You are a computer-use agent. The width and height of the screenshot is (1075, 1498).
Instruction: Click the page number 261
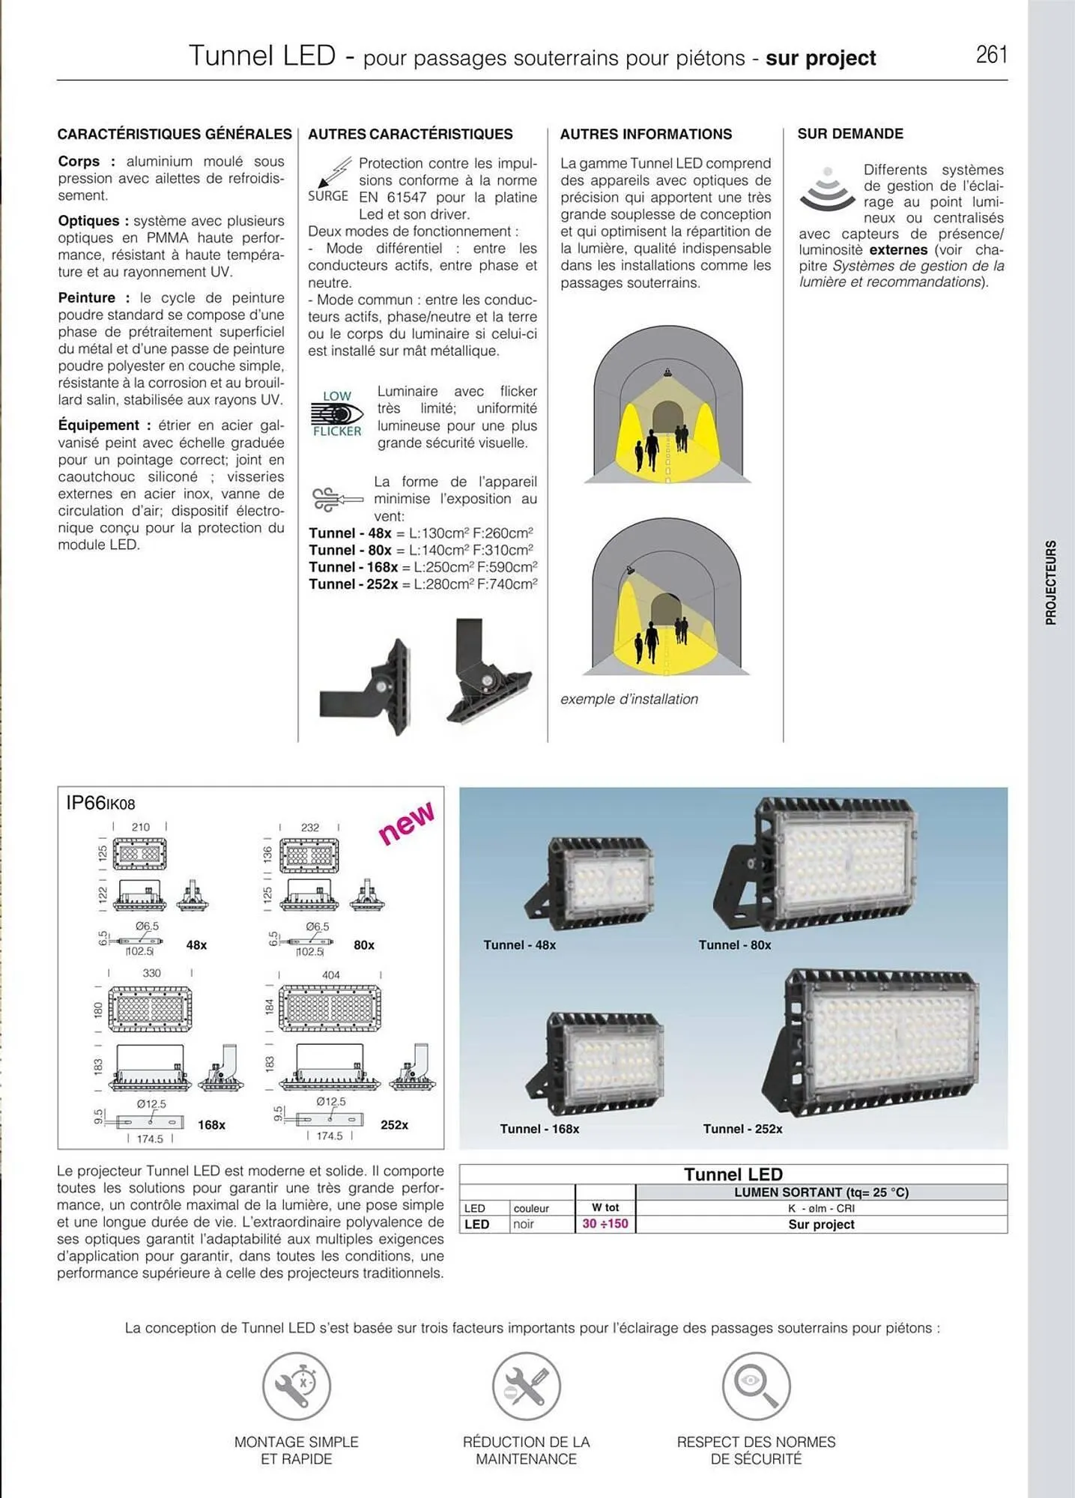pos(991,55)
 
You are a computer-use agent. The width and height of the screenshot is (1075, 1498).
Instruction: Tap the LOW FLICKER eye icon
pos(337,413)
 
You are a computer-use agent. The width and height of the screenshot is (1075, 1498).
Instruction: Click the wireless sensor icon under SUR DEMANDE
pos(827,189)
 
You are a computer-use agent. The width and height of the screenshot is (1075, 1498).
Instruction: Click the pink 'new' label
pos(405,823)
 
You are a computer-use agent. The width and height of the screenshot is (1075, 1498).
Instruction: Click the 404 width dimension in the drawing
pos(330,975)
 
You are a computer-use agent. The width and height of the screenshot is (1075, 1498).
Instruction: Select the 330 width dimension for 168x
pos(151,973)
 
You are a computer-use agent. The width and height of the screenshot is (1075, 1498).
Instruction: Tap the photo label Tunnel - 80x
pos(734,945)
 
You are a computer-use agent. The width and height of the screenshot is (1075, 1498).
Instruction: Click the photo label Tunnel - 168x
pos(539,1129)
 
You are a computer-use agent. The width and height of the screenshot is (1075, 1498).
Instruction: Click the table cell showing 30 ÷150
pos(605,1224)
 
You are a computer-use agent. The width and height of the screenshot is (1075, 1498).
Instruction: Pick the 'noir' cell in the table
pos(524,1225)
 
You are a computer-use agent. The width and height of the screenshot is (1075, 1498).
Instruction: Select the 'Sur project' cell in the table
pos(821,1225)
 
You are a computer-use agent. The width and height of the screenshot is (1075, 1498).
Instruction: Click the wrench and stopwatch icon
pos(297,1386)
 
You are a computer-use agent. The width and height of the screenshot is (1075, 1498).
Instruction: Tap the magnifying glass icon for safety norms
pos(756,1386)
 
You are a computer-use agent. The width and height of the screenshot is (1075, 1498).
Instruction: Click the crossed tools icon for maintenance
pos(526,1386)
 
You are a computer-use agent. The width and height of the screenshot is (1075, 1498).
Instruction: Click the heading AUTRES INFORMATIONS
pos(646,134)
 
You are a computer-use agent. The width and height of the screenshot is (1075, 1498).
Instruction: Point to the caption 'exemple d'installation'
pos(629,699)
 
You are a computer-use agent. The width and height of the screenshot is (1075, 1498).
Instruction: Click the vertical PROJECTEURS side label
pos(1051,582)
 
